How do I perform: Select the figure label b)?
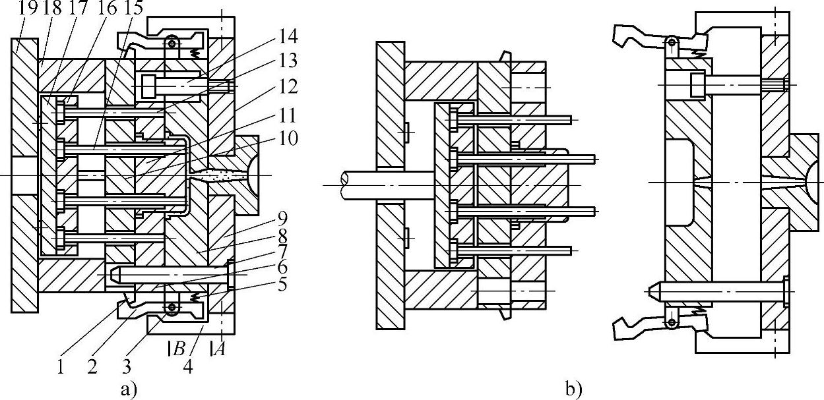tap(573, 389)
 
